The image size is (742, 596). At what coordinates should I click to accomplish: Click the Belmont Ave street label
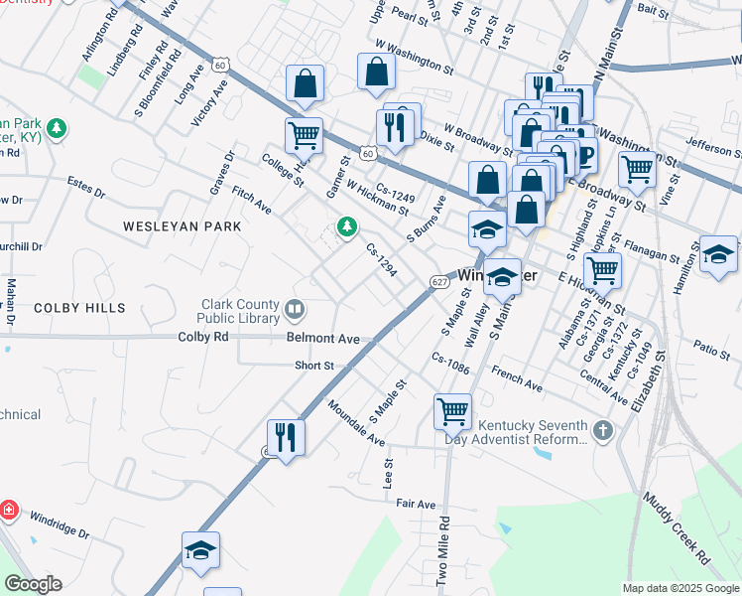tap(322, 338)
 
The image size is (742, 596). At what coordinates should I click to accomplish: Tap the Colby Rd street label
tap(203, 337)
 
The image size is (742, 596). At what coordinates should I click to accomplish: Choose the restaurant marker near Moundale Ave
tap(286, 436)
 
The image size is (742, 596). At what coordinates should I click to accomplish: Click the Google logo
tap(33, 584)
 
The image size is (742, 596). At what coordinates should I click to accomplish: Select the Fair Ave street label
tap(417, 505)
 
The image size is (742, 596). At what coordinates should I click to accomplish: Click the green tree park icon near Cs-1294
tap(347, 227)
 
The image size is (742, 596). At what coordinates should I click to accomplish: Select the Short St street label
tap(313, 366)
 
